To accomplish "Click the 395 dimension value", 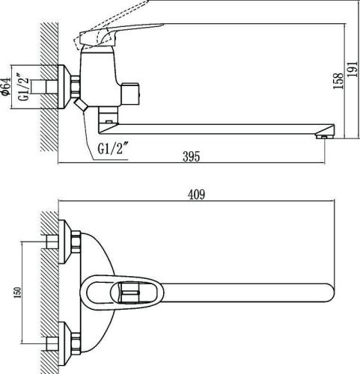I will point(192,156).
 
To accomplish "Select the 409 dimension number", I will point(196,195).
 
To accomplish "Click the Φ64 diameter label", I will point(7,90).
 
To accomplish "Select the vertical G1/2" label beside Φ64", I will point(23,90).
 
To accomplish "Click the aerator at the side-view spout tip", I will point(324,135).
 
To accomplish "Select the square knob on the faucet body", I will point(133,93).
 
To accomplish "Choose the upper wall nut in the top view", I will point(76,242).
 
